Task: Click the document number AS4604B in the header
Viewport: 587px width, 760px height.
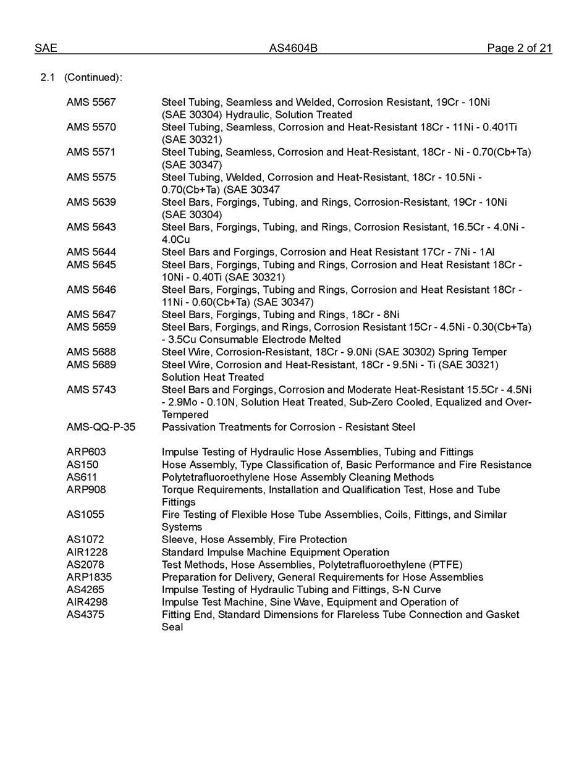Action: pos(293,48)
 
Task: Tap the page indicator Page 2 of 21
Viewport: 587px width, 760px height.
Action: pos(519,48)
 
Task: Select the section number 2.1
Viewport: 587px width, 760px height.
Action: pos(48,77)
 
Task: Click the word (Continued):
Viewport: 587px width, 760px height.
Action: pos(93,77)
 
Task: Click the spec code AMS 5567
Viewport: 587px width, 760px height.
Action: pos(91,102)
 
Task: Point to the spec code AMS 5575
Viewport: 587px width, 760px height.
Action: pos(91,177)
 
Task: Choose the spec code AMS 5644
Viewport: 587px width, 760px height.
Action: pos(91,252)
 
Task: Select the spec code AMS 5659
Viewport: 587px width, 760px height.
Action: pos(91,327)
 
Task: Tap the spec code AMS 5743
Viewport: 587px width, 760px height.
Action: pos(91,390)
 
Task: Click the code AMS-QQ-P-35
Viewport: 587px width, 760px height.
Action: pos(101,427)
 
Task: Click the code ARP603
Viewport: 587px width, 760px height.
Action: pos(86,452)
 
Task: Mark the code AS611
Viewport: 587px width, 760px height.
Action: pos(82,477)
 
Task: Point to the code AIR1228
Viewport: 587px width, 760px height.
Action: pos(87,552)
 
